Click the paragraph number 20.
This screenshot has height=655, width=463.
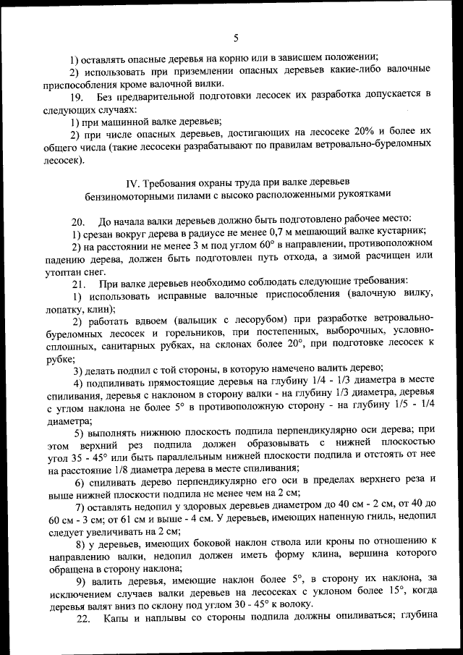click(x=78, y=221)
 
